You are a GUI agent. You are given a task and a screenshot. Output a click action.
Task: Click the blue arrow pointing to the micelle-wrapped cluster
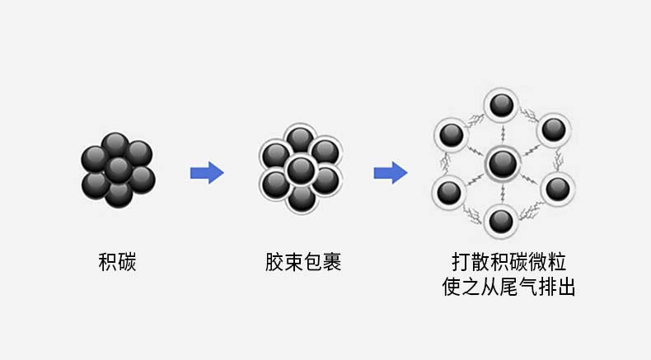click(207, 173)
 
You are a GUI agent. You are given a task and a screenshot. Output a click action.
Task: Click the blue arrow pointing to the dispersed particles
click(391, 173)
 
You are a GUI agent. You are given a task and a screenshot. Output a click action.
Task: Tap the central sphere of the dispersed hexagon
click(501, 164)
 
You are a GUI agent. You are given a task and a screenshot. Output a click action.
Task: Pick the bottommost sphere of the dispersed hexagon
click(500, 220)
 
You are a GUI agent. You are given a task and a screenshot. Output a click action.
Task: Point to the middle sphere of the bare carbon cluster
click(118, 169)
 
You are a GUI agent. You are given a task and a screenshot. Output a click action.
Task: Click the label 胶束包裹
click(303, 263)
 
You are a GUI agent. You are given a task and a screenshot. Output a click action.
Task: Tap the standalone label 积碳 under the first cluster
click(117, 263)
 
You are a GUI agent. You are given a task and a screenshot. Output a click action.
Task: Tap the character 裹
click(331, 263)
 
